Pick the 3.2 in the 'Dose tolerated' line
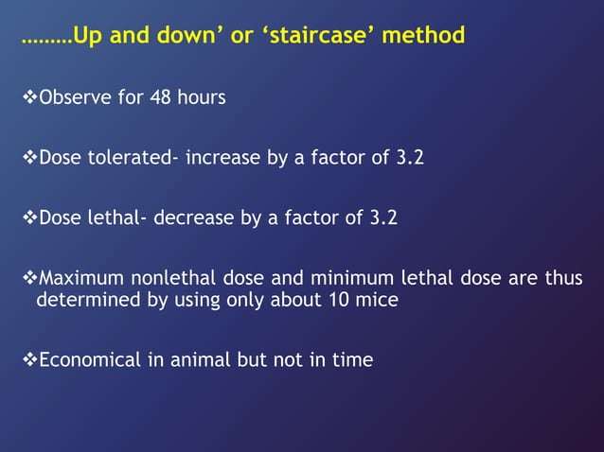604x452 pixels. [409, 158]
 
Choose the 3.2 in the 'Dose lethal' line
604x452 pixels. [383, 218]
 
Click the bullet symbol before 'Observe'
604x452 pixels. [27, 97]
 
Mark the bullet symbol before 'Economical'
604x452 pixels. [27, 359]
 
